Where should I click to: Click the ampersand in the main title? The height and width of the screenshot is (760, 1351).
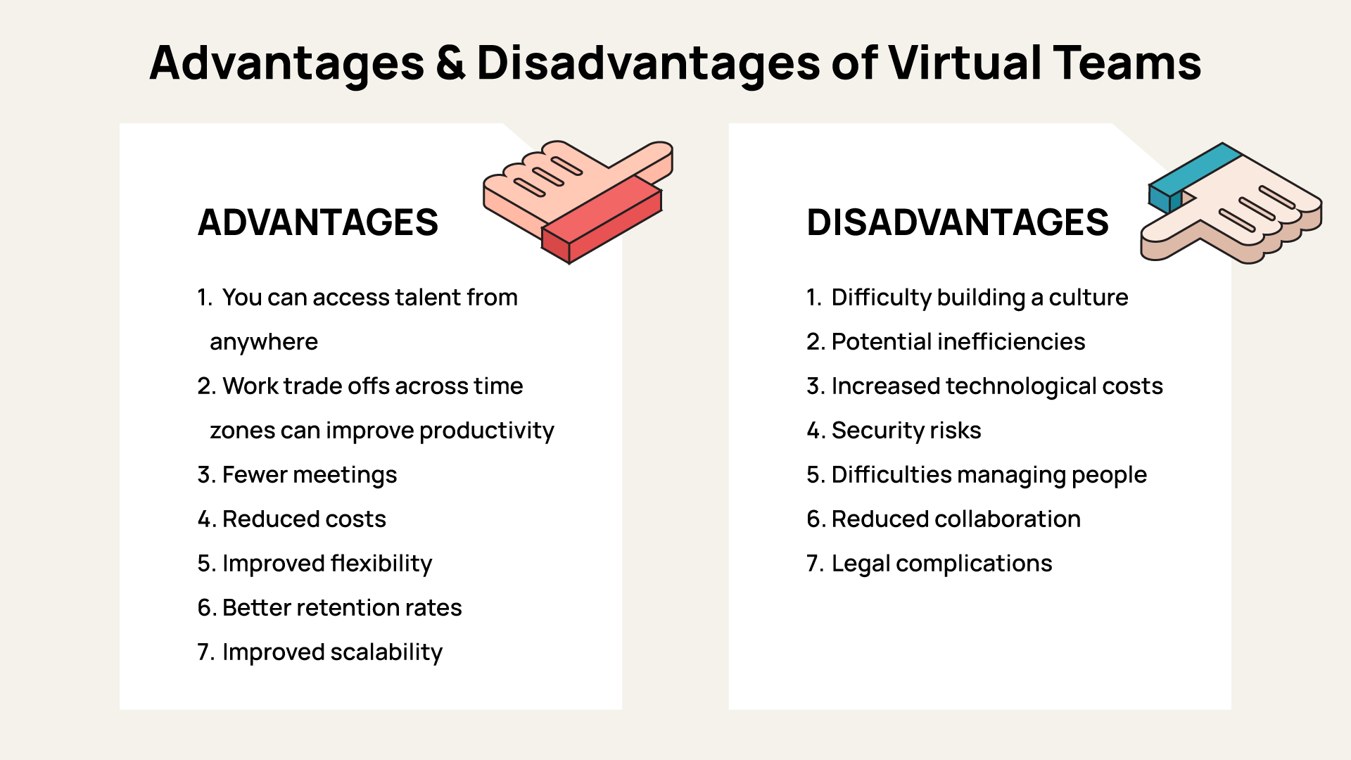pos(450,63)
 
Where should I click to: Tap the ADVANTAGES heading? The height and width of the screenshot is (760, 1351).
pos(317,222)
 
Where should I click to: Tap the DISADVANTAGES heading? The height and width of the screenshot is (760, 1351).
pos(957,222)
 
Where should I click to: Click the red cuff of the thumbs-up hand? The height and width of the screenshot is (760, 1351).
pos(602,219)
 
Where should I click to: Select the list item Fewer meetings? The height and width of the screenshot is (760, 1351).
pos(309,475)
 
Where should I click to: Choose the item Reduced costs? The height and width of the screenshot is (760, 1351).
pos(303,519)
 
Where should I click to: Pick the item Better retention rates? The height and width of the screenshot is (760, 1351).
pos(341,608)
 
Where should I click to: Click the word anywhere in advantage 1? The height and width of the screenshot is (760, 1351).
pos(264,342)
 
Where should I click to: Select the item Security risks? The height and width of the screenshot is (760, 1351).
pos(906,431)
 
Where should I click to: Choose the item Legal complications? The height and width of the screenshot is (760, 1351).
pos(941,564)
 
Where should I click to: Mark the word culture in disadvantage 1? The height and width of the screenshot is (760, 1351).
pos(1088,298)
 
